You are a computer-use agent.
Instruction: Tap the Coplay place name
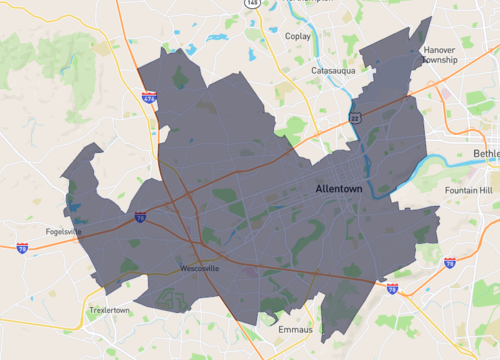[297, 36]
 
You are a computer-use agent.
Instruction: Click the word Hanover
[439, 49]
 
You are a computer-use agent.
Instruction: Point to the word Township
[439, 59]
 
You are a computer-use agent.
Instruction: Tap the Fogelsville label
[64, 232]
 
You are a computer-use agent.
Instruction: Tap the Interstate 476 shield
[149, 98]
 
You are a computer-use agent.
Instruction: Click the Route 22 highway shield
[355, 117]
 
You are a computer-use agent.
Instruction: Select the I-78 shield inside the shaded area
[140, 216]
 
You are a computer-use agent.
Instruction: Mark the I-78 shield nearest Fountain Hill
[450, 262]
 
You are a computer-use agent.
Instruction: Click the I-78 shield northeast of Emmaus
[392, 288]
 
